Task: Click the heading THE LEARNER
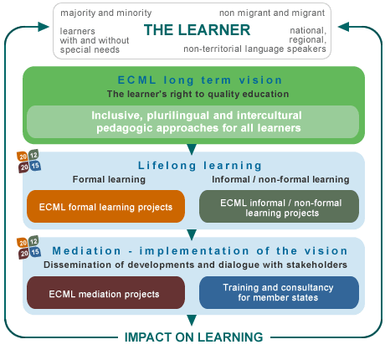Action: (x=197, y=30)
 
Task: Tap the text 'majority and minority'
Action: (x=106, y=13)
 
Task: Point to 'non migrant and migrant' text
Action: (x=272, y=13)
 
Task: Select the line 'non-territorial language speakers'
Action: (x=254, y=49)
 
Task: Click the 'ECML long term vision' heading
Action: (x=200, y=80)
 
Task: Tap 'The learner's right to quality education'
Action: (x=198, y=94)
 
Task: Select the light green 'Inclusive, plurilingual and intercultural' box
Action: (x=192, y=121)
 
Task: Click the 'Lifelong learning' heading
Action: (x=200, y=166)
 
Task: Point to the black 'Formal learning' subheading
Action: (x=109, y=179)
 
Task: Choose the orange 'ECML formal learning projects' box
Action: (x=105, y=207)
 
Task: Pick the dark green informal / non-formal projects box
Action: (x=279, y=207)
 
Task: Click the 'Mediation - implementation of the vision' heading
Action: (x=200, y=251)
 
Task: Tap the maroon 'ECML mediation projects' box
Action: (x=105, y=293)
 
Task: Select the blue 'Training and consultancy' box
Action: (x=279, y=293)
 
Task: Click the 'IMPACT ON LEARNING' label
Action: (x=193, y=337)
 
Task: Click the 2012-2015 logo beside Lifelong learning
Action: (x=28, y=162)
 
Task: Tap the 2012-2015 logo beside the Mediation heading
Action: (x=28, y=248)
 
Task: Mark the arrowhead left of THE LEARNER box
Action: (x=44, y=27)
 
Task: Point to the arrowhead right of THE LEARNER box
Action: (x=343, y=27)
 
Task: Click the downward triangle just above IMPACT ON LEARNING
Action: (x=192, y=320)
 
